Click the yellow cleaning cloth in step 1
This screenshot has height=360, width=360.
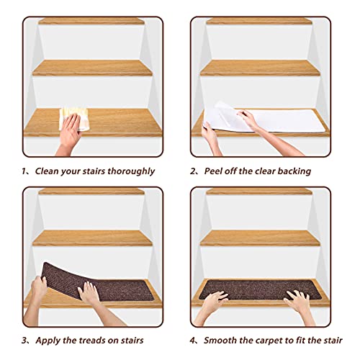75,120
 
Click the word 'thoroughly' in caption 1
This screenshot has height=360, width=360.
131,171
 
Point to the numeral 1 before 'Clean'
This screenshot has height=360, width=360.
24,171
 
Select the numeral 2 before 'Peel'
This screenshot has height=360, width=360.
193,171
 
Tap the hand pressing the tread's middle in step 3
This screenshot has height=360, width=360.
89,293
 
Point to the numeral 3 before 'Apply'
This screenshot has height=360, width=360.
24,341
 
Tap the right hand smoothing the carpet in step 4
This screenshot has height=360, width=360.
297,302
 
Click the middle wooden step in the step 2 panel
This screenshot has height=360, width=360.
260,68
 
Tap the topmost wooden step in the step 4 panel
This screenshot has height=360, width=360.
259,192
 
